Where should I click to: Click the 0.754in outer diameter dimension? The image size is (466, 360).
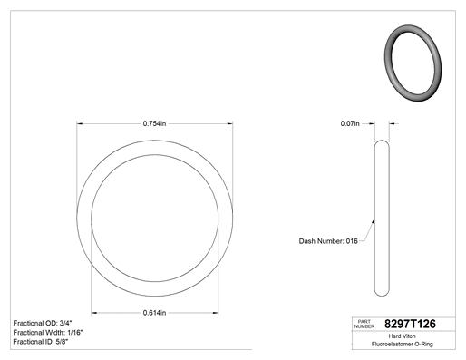154,123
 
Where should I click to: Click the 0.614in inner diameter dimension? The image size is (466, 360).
154,313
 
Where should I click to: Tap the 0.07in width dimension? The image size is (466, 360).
350,123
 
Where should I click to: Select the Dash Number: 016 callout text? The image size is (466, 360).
328,241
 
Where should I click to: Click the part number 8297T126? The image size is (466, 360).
410,324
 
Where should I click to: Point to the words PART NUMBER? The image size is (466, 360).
364,324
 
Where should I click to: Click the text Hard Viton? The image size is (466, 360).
402,336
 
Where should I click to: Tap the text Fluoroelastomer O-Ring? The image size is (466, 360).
403,344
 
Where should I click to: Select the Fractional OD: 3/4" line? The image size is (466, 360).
43,323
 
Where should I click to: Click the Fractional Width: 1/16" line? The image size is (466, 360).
48,333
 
